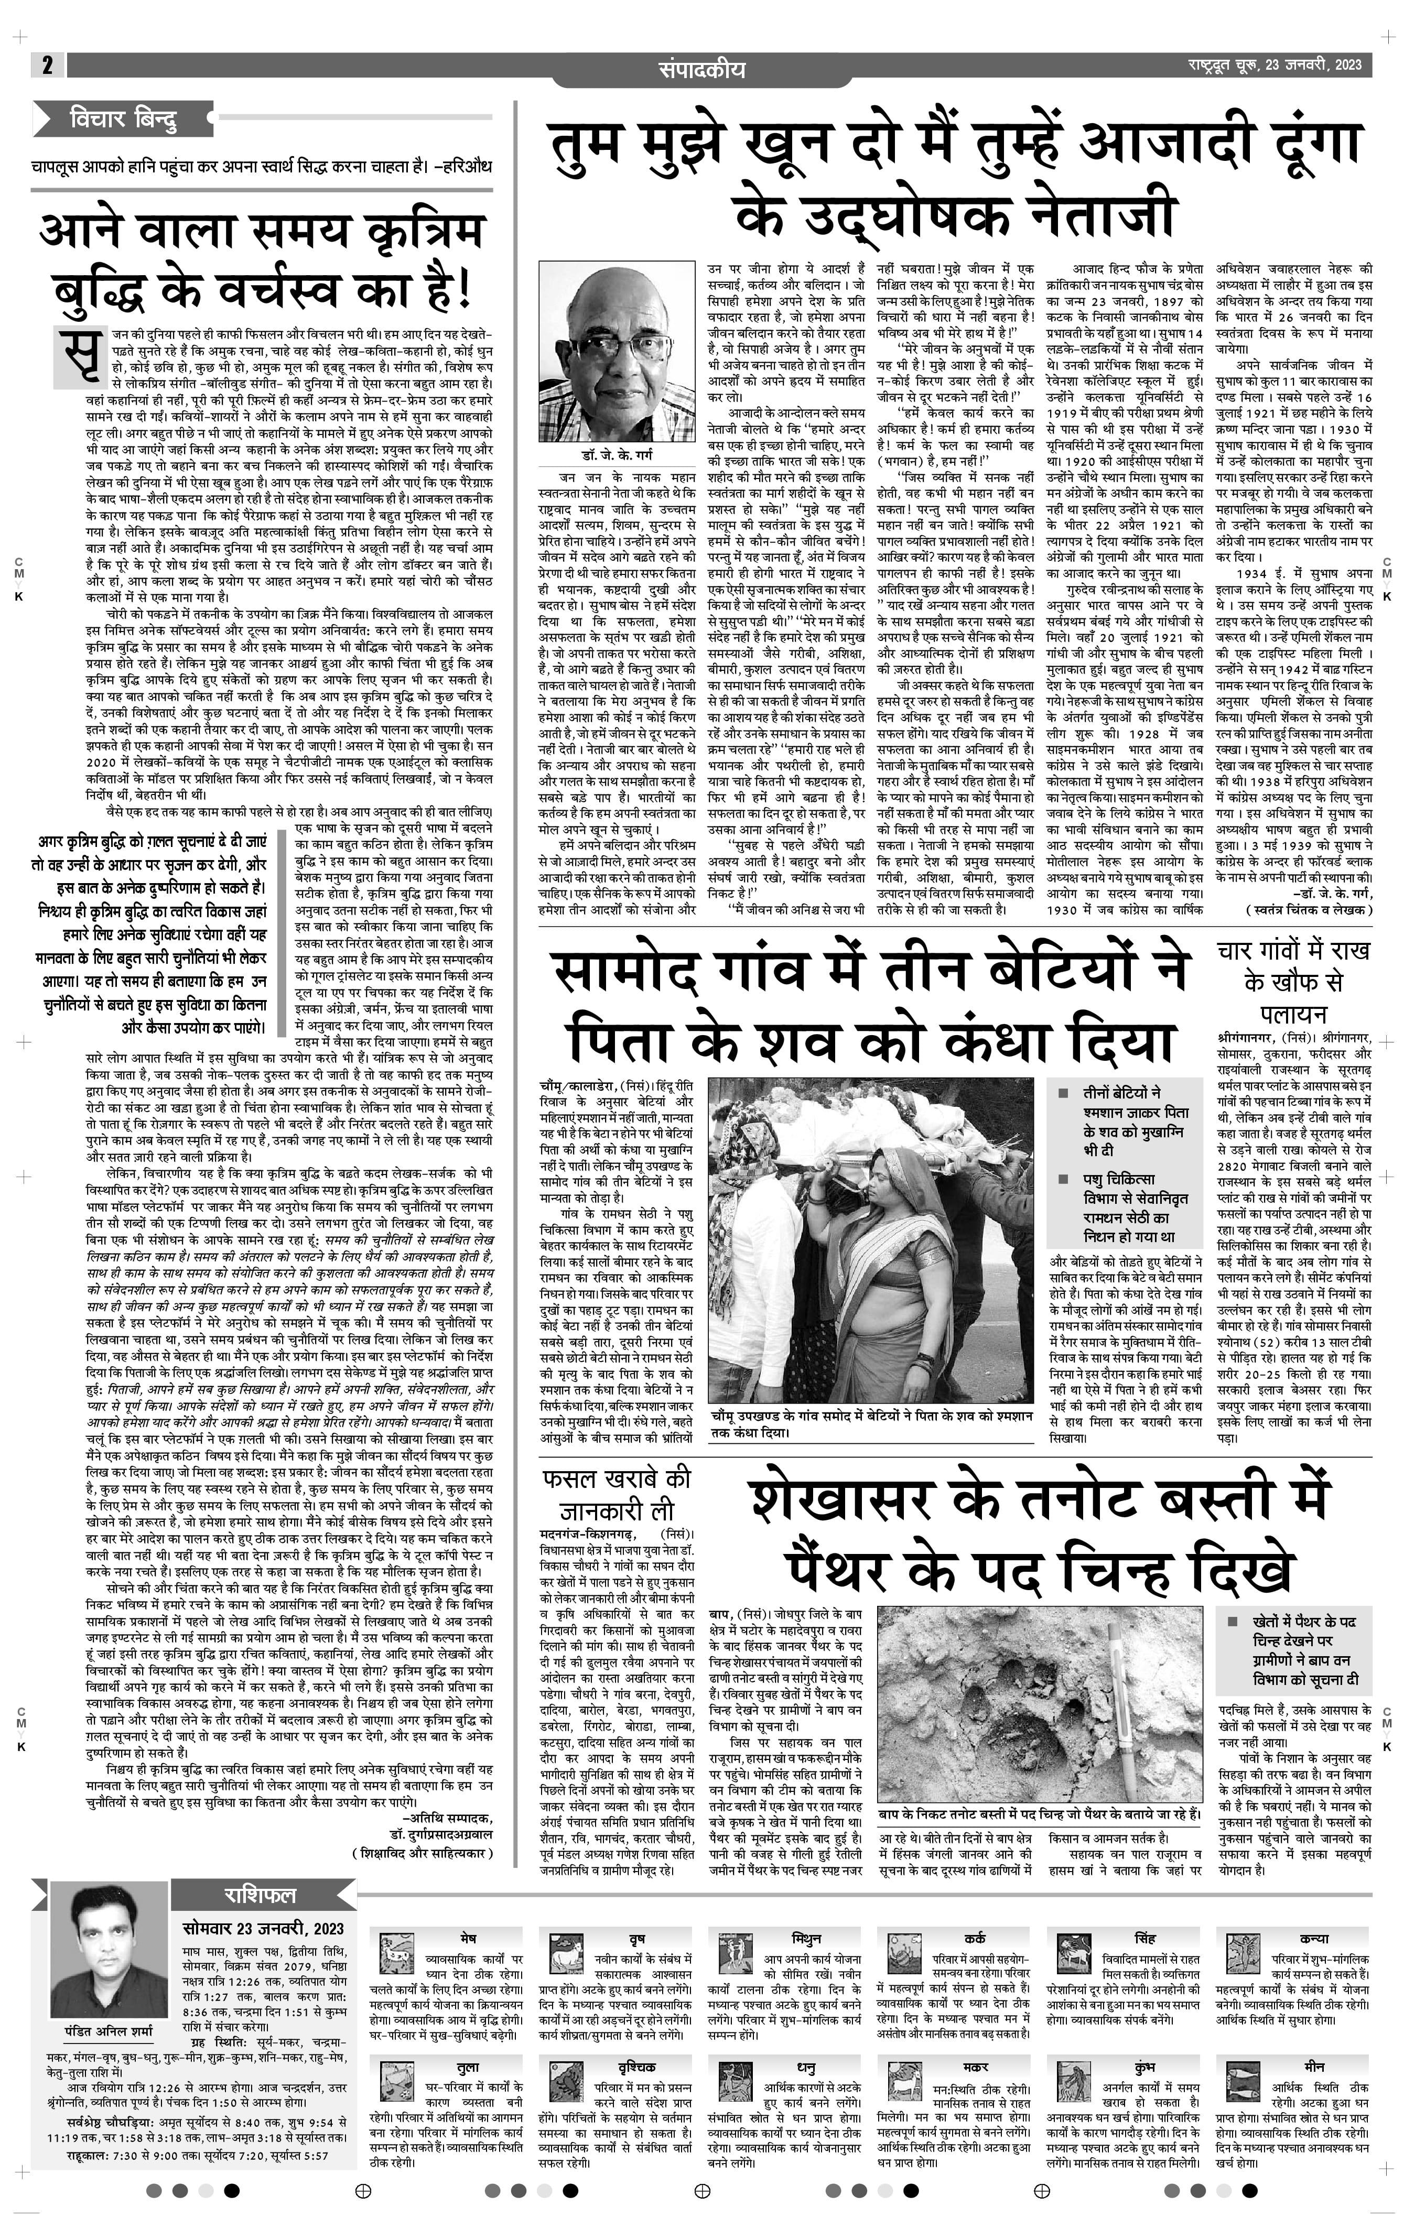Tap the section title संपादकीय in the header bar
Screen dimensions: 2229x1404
point(701,69)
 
